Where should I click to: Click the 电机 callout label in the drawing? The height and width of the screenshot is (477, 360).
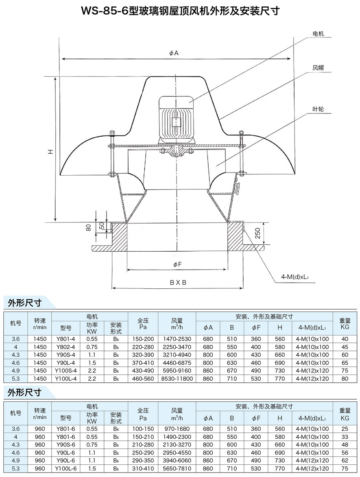click(x=318, y=34)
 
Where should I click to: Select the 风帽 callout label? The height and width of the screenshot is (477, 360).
click(x=318, y=68)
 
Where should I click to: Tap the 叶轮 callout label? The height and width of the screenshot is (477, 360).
click(x=318, y=109)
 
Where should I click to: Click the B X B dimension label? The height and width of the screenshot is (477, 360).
click(x=178, y=282)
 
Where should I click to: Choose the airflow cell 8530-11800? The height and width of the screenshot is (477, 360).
click(x=177, y=379)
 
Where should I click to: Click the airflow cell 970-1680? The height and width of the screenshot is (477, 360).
click(x=177, y=429)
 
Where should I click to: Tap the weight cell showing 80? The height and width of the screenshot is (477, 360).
click(x=345, y=379)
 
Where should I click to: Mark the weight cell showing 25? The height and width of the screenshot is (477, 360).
click(x=345, y=429)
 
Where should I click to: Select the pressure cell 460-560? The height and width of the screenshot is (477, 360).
click(x=143, y=379)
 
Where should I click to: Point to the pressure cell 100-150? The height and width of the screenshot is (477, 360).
click(x=143, y=429)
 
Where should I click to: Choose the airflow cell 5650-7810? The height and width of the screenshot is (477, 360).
click(x=177, y=468)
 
